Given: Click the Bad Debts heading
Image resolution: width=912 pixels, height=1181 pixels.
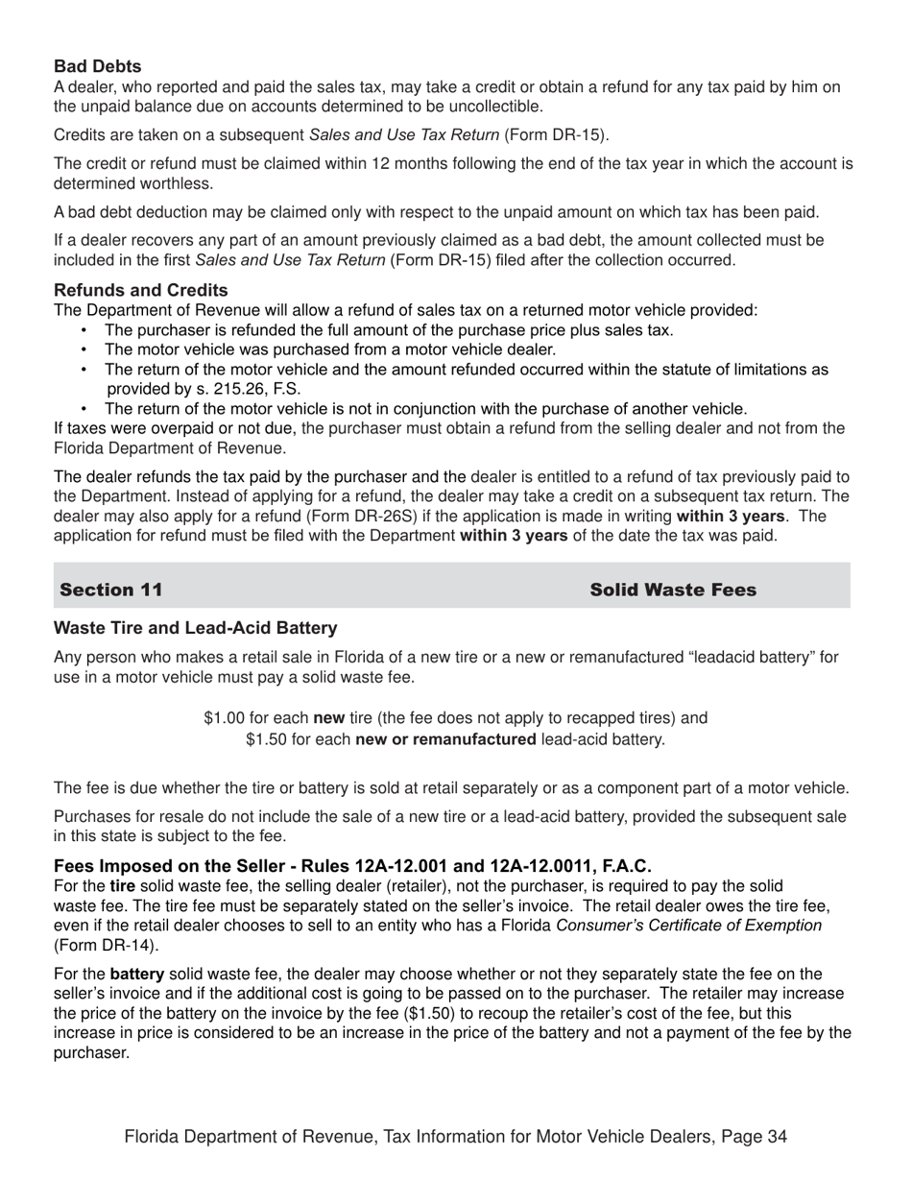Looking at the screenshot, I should (x=98, y=66).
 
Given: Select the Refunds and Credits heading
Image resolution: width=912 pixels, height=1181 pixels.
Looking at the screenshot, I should (x=141, y=290).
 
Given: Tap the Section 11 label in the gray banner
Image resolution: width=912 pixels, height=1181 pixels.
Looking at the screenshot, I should (x=111, y=590).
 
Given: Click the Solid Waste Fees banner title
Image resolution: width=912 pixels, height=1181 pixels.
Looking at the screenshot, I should (x=673, y=590).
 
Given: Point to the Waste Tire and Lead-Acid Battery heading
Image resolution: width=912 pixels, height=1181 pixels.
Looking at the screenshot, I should (x=196, y=628).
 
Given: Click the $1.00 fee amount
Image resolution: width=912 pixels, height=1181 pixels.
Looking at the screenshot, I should (x=224, y=718).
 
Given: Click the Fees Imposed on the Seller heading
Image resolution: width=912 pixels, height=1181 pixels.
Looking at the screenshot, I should (x=352, y=866).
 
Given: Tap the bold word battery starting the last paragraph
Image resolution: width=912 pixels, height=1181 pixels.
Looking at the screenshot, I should (x=137, y=974).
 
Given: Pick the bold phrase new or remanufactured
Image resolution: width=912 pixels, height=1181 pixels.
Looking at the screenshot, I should (x=445, y=738).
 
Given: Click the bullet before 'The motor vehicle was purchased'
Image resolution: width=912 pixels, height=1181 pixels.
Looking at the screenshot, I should (x=84, y=350).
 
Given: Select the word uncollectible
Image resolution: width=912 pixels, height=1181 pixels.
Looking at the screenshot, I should (x=493, y=107).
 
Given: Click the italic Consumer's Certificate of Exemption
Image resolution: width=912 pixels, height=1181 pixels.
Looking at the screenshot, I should (x=688, y=925).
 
